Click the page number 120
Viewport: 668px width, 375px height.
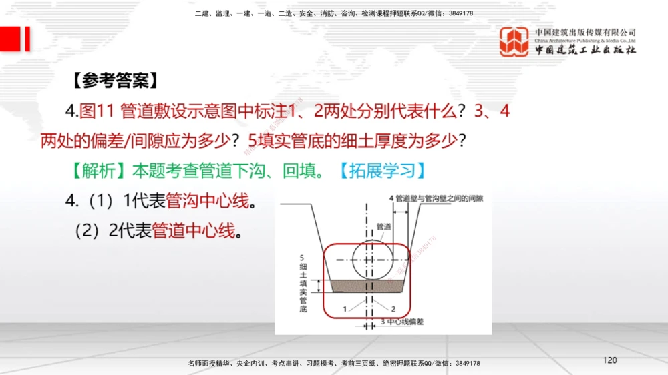point(609,360)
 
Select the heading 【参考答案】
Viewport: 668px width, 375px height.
point(114,81)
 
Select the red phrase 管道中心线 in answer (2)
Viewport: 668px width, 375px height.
point(194,232)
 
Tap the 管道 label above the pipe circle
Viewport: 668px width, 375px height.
point(383,226)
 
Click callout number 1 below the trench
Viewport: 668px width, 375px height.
point(345,310)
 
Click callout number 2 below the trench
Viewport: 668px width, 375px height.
point(393,310)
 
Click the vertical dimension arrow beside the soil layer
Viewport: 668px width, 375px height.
point(319,286)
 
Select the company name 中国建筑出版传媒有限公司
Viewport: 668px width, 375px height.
point(585,32)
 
